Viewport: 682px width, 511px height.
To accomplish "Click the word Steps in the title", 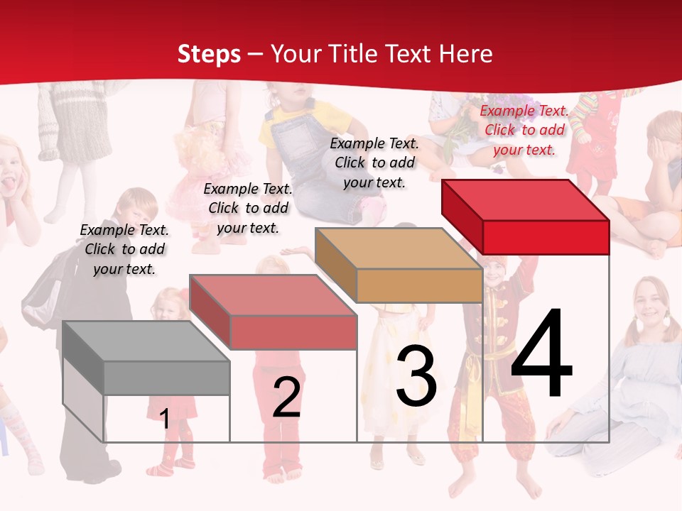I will [208, 54].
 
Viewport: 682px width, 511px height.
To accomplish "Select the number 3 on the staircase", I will [416, 377].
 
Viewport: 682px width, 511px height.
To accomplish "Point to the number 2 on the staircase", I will [286, 397].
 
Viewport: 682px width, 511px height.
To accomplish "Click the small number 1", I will [164, 419].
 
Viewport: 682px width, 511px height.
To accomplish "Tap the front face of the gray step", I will [167, 378].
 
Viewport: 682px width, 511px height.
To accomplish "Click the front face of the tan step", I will [419, 286].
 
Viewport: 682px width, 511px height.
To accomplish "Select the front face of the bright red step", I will [546, 237].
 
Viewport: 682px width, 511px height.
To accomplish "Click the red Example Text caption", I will [524, 130].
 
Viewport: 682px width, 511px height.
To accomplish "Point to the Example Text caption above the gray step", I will [124, 249].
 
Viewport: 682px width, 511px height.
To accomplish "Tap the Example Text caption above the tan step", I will [374, 163].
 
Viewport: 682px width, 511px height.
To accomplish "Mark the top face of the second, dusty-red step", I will [273, 295].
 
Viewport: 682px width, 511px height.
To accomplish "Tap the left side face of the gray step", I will [83, 358].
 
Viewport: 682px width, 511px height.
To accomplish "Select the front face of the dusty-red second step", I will [293, 332].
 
